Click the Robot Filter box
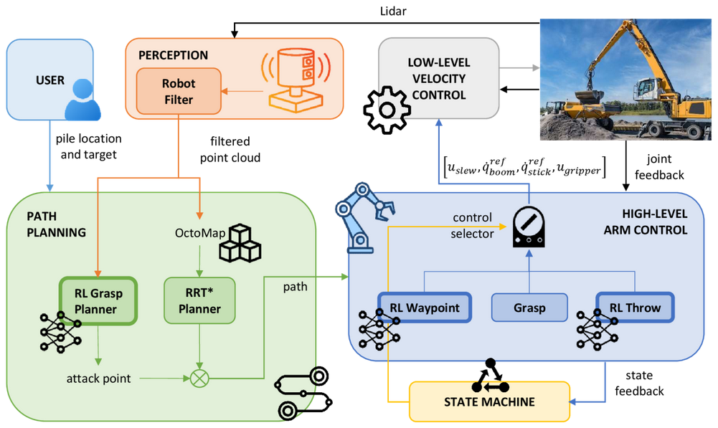point(179,91)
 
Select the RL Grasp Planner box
point(98,301)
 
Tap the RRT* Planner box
point(199,300)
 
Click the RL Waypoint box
point(425,308)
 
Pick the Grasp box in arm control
point(529,308)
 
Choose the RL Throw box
point(635,308)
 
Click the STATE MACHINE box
point(489,401)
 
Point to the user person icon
point(82,100)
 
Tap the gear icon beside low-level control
point(387,110)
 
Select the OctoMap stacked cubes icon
point(240,243)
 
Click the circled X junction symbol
point(199,379)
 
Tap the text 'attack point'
point(98,379)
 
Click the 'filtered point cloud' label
point(230,149)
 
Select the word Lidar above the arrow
point(393,11)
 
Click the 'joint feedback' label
point(659,166)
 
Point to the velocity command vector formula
point(525,166)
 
